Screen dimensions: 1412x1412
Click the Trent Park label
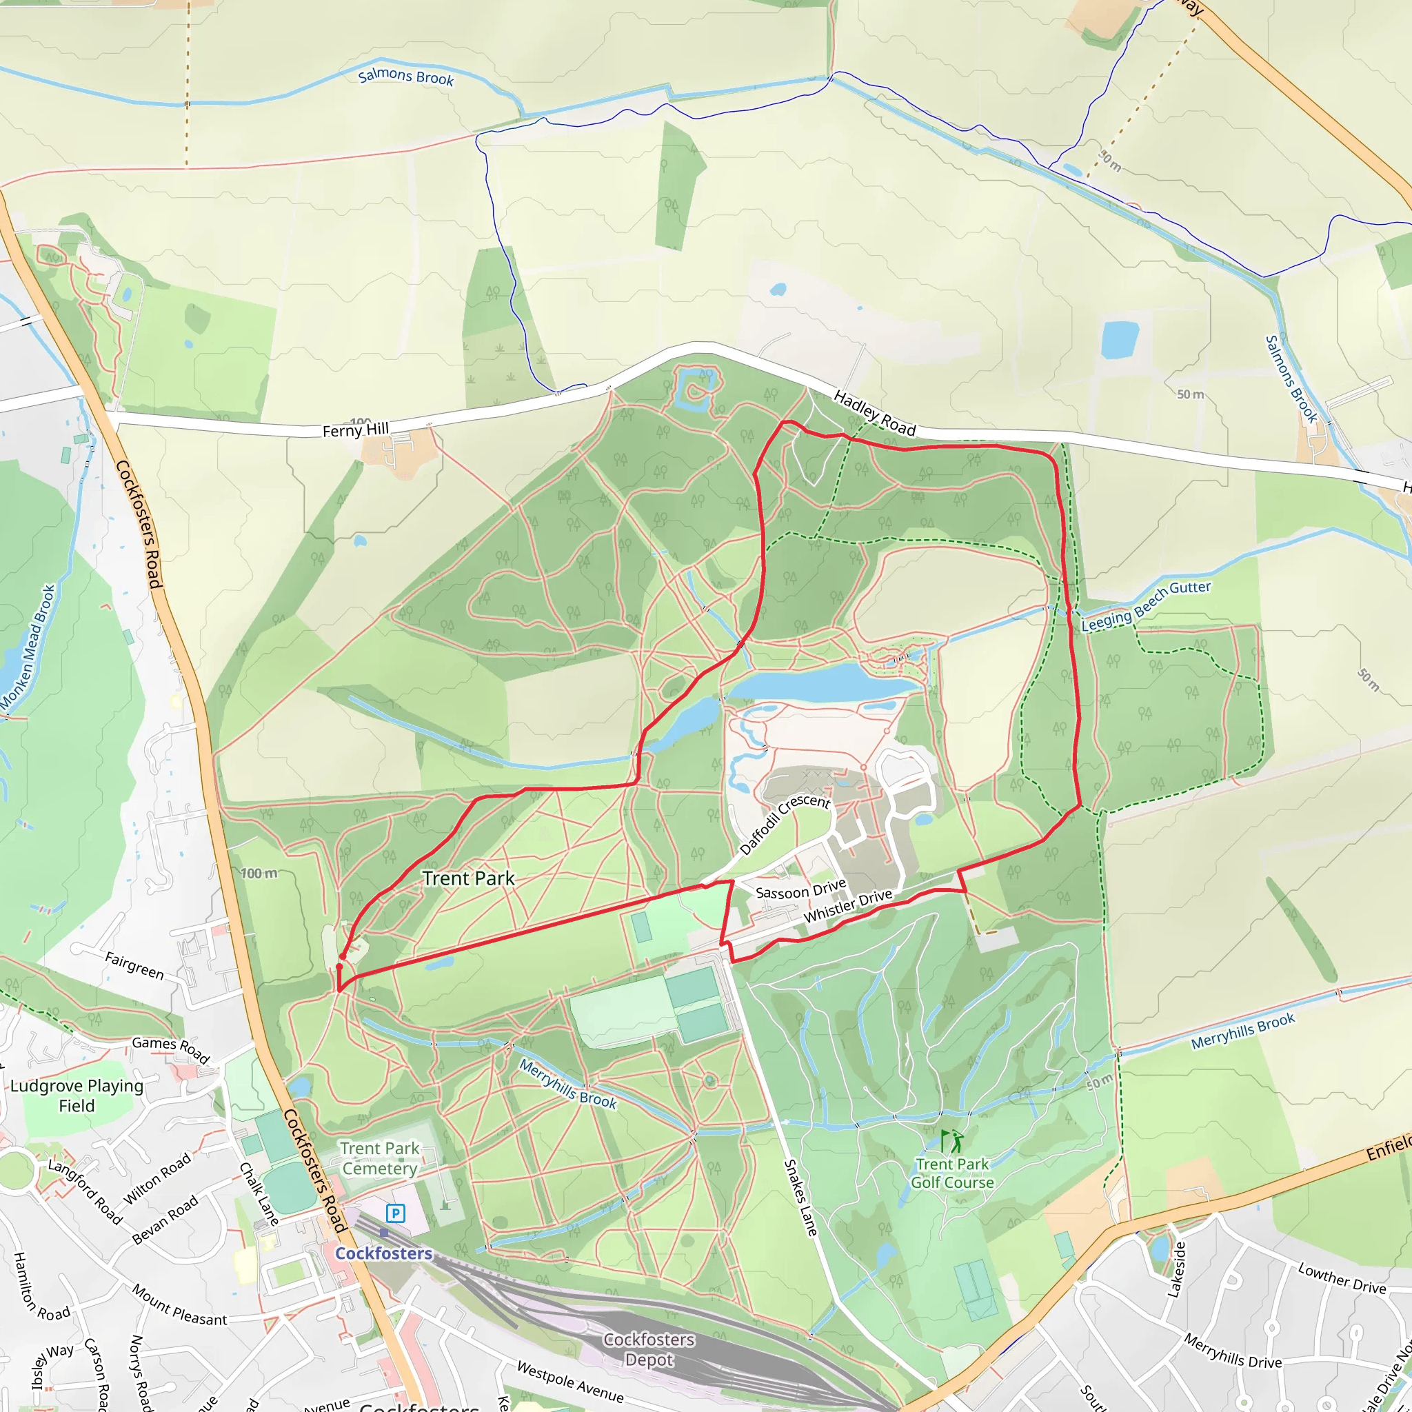(468, 878)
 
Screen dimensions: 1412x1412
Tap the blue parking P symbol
(395, 1214)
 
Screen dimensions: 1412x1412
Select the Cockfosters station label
(384, 1253)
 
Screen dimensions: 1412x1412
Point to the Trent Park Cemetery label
(380, 1158)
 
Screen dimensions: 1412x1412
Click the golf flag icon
(951, 1141)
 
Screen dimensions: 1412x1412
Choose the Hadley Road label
(874, 413)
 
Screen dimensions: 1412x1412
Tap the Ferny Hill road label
(355, 430)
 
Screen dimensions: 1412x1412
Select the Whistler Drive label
(848, 905)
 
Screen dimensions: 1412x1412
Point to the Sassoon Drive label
(800, 890)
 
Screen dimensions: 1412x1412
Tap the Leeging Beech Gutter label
(1146, 606)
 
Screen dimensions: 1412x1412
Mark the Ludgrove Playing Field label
(77, 1096)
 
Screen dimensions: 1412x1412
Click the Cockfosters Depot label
(649, 1349)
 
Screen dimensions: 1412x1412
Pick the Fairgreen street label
(134, 965)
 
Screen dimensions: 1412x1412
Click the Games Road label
(171, 1050)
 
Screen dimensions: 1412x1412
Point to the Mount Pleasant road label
(179, 1304)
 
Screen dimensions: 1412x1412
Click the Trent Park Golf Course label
(952, 1173)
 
